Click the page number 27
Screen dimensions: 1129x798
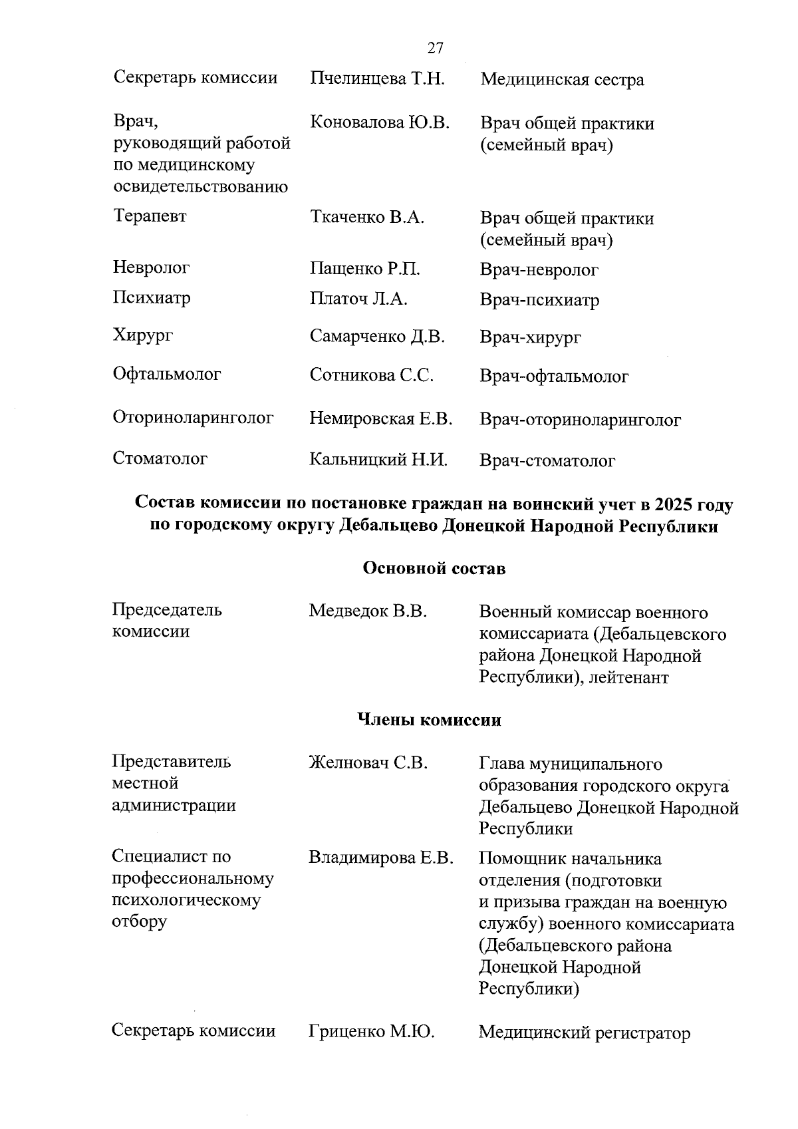pyautogui.click(x=435, y=49)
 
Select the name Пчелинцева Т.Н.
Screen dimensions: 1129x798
pyautogui.click(x=376, y=79)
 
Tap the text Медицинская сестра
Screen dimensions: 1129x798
pyautogui.click(x=562, y=81)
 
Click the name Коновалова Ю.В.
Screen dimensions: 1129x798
pyautogui.click(x=380, y=122)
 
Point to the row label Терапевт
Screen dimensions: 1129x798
pyautogui.click(x=150, y=216)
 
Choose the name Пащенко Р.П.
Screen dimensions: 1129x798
pyautogui.click(x=365, y=269)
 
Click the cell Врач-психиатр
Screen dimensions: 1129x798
pyautogui.click(x=539, y=300)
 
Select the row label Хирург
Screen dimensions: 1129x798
pyautogui.click(x=143, y=335)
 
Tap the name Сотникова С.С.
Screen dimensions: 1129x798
pyautogui.click(x=372, y=375)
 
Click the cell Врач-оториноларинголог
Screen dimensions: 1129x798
pyautogui.click(x=580, y=420)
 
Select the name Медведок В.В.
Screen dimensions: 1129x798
pyautogui.click(x=368, y=611)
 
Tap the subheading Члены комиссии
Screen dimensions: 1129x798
pyautogui.click(x=429, y=720)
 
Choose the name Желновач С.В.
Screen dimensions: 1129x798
pyautogui.click(x=368, y=763)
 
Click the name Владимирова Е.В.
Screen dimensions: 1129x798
pyautogui.click(x=380, y=858)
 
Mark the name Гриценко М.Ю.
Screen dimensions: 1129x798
pyautogui.click(x=371, y=1032)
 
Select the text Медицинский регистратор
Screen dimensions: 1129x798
pyautogui.click(x=584, y=1033)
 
